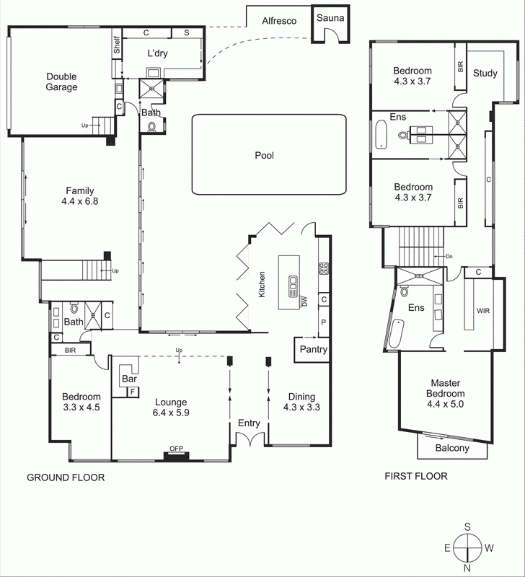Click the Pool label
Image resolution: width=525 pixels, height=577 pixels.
click(x=264, y=156)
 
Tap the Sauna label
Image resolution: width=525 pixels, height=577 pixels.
click(x=330, y=17)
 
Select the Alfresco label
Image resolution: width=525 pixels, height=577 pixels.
click(x=279, y=21)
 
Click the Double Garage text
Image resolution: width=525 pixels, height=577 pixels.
click(x=61, y=82)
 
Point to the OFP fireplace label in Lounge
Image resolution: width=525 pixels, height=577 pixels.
click(x=176, y=449)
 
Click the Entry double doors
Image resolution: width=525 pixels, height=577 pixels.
click(x=250, y=438)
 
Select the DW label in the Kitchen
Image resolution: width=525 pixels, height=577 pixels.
click(x=304, y=301)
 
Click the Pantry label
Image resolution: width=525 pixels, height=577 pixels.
click(x=314, y=349)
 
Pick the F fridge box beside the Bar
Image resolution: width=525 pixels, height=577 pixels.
click(x=133, y=392)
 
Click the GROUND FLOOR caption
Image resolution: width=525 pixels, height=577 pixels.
click(x=66, y=477)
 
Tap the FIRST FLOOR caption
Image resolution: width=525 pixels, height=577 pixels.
click(x=416, y=476)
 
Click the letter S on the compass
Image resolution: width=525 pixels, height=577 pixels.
click(x=467, y=527)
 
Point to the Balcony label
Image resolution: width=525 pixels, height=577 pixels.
click(x=452, y=448)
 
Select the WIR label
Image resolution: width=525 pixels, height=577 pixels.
click(x=483, y=311)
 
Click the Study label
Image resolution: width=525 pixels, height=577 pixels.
click(x=485, y=74)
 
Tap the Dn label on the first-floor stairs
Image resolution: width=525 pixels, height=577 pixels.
click(x=449, y=257)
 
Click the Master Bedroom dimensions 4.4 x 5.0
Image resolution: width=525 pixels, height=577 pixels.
click(x=445, y=404)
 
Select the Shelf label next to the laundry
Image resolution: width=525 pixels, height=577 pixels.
click(x=117, y=45)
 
